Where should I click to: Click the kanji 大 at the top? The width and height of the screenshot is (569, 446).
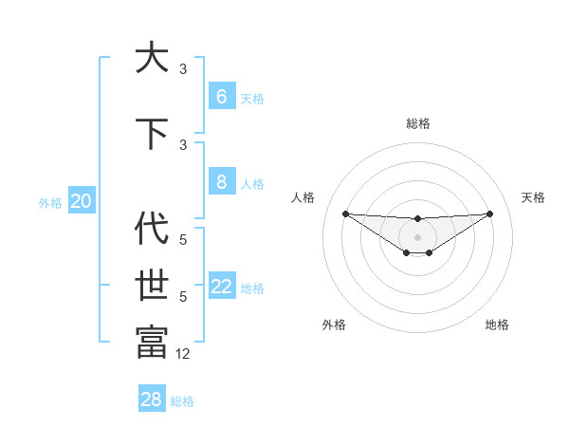click(152, 58)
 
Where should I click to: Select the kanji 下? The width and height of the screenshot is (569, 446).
click(152, 133)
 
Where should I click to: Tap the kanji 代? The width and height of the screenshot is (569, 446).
click(152, 229)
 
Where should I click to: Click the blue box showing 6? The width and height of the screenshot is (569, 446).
click(221, 97)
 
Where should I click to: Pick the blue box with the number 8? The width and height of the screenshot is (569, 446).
click(221, 182)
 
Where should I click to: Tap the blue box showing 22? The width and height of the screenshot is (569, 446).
click(221, 287)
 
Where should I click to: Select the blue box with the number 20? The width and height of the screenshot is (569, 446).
click(81, 201)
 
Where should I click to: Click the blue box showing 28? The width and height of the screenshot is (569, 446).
click(152, 400)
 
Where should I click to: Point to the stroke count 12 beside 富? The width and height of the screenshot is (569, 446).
click(183, 354)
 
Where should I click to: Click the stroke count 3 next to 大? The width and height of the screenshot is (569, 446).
click(183, 69)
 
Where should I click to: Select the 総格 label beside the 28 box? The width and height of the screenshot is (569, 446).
click(182, 401)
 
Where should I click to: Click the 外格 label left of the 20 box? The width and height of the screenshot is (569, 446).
click(50, 202)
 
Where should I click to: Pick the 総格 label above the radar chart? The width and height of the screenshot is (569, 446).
click(417, 123)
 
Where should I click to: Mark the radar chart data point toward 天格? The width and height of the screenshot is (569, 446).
click(489, 213)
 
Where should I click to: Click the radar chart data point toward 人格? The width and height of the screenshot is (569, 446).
click(345, 213)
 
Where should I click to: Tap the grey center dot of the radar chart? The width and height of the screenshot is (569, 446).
click(417, 237)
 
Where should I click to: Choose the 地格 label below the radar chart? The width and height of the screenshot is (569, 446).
click(497, 325)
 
